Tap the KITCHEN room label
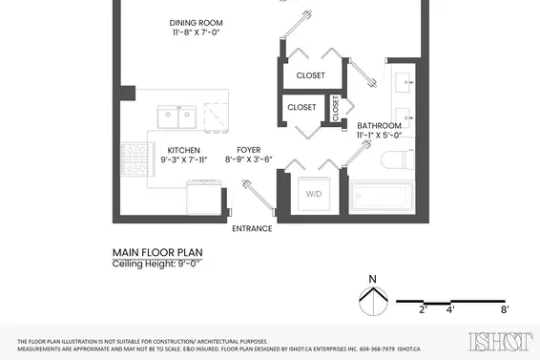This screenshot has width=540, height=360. pos(183,150)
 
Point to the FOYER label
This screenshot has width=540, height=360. pos(248,150)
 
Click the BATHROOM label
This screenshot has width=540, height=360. pos(379,125)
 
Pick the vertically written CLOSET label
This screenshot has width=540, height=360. pos(336,108)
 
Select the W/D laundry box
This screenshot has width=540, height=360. pos(314,194)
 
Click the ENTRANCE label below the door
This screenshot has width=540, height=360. pos(252,229)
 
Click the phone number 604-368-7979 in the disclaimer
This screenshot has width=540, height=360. pos(371,349)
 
